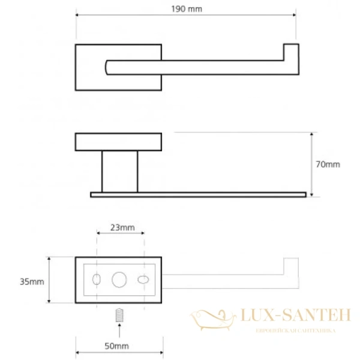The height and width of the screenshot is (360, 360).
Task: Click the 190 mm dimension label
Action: coord(187,9)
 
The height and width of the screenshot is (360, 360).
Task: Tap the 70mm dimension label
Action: coord(328,164)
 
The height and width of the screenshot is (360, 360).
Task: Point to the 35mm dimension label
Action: coord(32,282)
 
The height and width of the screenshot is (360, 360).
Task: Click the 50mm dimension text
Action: coord(116,346)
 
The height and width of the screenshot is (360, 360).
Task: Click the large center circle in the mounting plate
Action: coord(119,280)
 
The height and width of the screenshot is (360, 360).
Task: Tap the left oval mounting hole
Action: coord(97,280)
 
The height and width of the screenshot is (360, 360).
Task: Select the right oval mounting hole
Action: coord(143,280)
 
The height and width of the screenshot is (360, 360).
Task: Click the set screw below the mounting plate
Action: coord(119,315)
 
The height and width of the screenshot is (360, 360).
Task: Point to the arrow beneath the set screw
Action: coord(119,330)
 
